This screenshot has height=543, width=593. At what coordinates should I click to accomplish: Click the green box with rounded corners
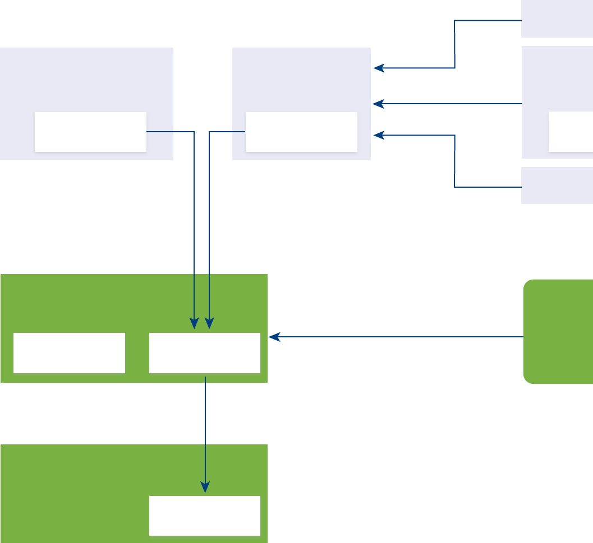(x=558, y=331)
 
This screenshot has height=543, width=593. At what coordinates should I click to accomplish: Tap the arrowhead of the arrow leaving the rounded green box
(x=273, y=337)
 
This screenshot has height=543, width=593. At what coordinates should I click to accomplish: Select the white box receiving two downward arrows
(x=205, y=353)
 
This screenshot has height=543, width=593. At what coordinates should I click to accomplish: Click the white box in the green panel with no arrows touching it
(x=69, y=353)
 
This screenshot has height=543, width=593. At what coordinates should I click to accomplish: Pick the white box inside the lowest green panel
(x=205, y=516)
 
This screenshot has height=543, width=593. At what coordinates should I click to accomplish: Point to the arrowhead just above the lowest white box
(x=205, y=488)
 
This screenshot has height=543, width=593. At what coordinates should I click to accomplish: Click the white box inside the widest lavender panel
(x=90, y=132)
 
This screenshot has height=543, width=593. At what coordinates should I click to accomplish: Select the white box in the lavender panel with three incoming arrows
(x=301, y=132)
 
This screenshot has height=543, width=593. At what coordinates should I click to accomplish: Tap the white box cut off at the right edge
(x=571, y=132)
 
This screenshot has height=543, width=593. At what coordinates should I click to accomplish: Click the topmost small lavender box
(x=557, y=18)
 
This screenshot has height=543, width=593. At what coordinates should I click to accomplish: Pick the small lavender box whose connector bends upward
(x=557, y=185)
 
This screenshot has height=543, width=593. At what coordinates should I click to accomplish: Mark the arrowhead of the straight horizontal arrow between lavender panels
(x=378, y=104)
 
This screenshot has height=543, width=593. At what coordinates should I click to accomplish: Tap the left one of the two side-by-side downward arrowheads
(x=194, y=324)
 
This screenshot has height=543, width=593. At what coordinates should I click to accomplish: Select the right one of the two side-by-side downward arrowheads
(x=209, y=324)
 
